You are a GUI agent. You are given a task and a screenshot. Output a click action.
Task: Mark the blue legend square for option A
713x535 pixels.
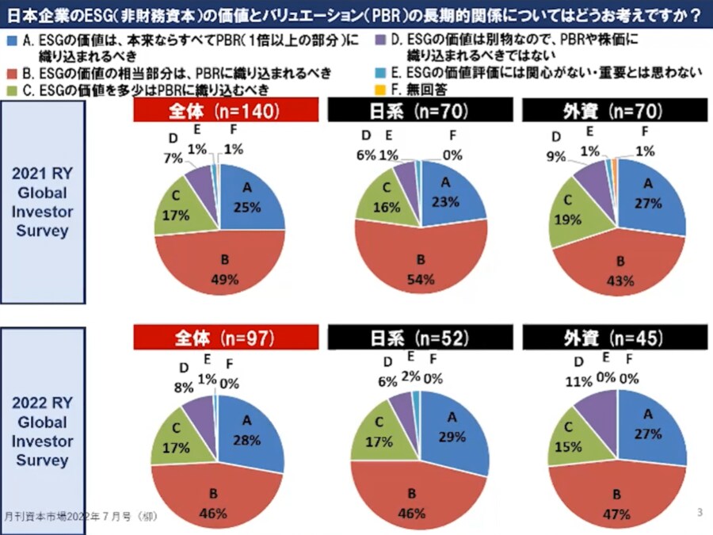point(9,39)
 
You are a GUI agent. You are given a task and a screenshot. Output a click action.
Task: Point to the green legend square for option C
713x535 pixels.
point(9,90)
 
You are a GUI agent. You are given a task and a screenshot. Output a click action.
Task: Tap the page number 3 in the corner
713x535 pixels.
point(700,512)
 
